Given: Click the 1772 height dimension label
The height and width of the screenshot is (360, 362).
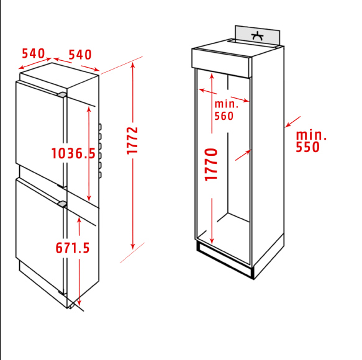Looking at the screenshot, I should pos(132,141).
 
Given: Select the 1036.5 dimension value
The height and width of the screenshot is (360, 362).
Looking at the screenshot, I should pos(73,153).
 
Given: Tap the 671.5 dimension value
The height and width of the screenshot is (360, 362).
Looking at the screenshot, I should pos(73,248).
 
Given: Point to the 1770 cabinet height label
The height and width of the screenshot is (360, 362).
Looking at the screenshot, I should pos(212,164).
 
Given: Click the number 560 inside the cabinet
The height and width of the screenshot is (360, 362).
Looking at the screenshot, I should pos(224,115).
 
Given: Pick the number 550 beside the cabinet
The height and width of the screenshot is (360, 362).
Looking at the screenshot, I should pos(308,147).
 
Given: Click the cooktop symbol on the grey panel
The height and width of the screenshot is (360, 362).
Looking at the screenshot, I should pos(256,35).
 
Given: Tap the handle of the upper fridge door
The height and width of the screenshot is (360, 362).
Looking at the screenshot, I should pos(62,94).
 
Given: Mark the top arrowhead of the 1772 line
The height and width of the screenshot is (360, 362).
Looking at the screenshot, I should pos(133,64).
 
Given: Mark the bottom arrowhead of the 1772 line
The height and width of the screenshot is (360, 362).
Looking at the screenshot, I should pos(133,246).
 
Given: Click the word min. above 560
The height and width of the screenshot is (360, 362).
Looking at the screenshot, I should pos(226,104).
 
